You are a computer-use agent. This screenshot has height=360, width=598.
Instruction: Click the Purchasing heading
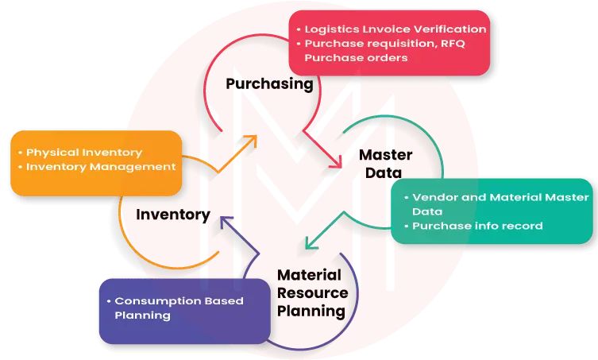[x=269, y=83]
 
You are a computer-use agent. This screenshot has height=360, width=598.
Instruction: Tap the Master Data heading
[x=380, y=163]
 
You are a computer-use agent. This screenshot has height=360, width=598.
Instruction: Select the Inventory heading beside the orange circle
[x=173, y=215]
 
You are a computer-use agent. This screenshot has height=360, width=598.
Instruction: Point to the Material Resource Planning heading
[x=311, y=292]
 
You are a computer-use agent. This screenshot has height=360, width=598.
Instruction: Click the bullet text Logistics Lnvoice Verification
[x=395, y=29]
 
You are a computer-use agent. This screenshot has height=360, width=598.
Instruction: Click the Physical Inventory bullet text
[x=84, y=152]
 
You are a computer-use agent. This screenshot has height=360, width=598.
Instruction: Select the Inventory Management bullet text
[x=101, y=167]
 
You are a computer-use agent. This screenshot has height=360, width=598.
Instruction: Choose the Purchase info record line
[x=476, y=226]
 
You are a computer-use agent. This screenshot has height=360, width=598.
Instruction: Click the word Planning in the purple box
[x=143, y=315]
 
